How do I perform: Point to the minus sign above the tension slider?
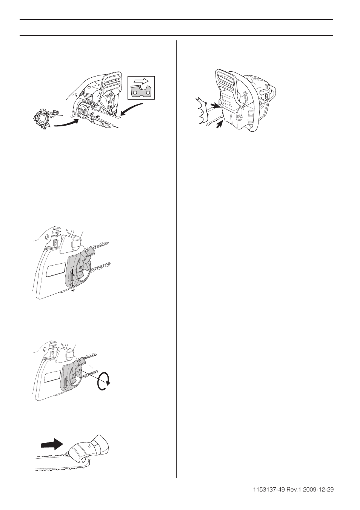72,267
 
